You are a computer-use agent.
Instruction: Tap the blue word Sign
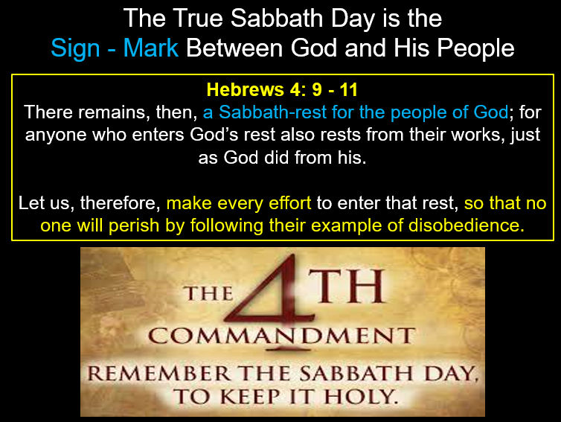coord(75,48)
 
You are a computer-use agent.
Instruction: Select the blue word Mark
coord(150,48)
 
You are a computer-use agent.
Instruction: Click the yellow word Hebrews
coord(247,89)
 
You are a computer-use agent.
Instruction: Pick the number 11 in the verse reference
coord(349,89)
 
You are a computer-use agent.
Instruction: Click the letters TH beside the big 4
coord(347,286)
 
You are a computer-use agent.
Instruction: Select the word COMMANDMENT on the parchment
coord(282,336)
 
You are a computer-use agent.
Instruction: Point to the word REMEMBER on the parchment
coord(159,374)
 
